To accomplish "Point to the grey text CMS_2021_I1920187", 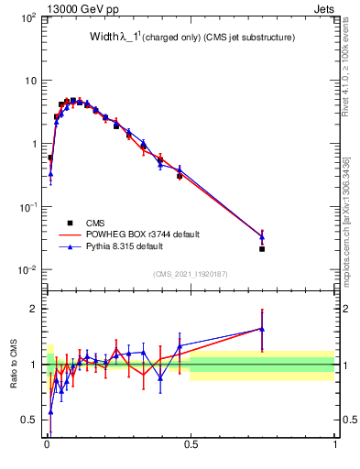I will coord(190,274).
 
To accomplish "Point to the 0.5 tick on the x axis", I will coord(191,446).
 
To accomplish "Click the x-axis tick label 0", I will coord(46,446).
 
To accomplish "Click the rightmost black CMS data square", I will coord(262,248).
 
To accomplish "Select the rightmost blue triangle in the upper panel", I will coord(262,237).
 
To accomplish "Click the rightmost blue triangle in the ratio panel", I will coord(262,329).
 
